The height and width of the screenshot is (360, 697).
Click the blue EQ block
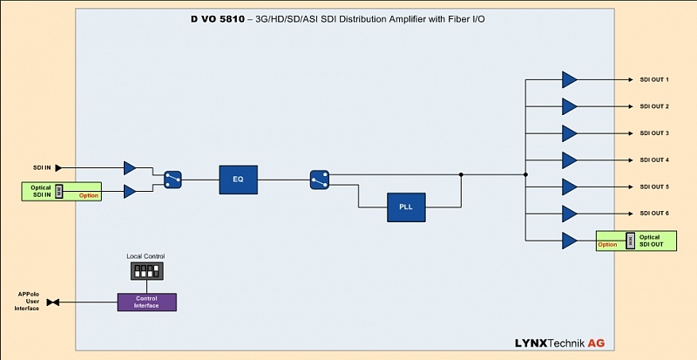(x=237, y=180)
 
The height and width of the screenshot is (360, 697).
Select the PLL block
(x=406, y=207)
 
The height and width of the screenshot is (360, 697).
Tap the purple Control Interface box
(x=146, y=302)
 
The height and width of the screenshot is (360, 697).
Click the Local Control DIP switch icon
(x=145, y=272)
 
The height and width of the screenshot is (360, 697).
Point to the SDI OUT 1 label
(x=653, y=80)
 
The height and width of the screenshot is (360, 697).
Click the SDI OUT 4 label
(x=653, y=160)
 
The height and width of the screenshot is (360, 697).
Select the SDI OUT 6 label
(x=653, y=214)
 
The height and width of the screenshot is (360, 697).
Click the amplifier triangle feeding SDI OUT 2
(x=569, y=106)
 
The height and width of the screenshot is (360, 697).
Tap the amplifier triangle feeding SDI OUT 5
(x=569, y=187)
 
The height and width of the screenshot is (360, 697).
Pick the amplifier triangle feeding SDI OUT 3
(x=569, y=133)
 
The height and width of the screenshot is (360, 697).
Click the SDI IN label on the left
(x=42, y=167)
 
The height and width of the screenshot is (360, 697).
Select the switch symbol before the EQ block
(x=173, y=180)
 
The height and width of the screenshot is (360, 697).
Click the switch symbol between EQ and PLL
(x=319, y=180)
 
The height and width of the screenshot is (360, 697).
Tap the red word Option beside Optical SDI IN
(x=89, y=195)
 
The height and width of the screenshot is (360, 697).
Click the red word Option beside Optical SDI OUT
(x=607, y=245)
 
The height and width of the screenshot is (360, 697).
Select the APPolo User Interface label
(x=27, y=302)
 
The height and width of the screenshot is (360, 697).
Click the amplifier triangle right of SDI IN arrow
(x=130, y=167)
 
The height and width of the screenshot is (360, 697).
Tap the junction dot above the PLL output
(x=461, y=174)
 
